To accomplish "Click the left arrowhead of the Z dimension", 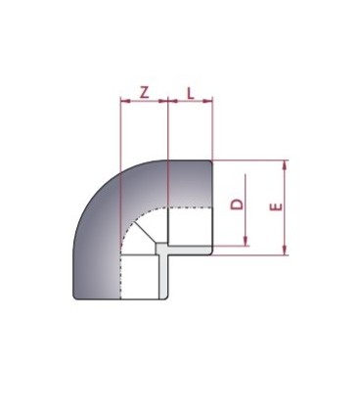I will pyautogui.click(x=122, y=101).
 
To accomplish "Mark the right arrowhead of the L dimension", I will pyautogui.click(x=209, y=101).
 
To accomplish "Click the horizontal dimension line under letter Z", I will pyautogui.click(x=144, y=101).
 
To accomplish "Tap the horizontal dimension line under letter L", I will pyautogui.click(x=190, y=101).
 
